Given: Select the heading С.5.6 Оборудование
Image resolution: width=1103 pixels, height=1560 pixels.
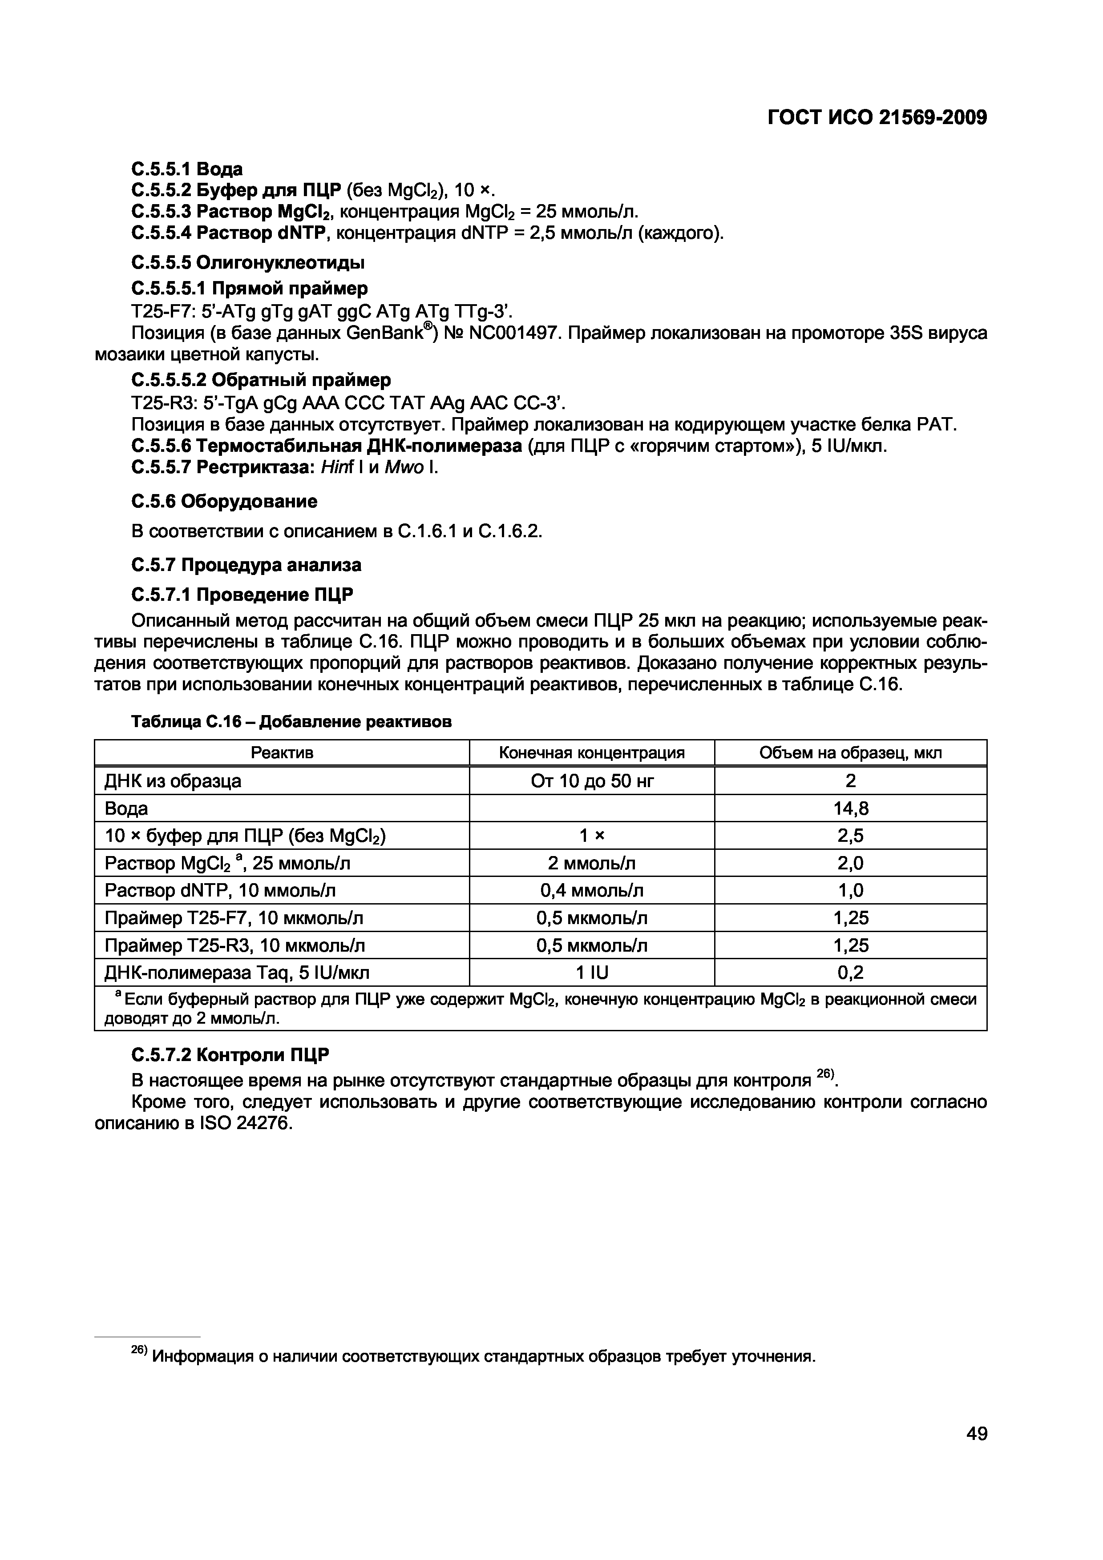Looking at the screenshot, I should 224,502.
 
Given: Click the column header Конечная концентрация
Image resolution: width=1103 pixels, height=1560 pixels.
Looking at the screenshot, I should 591,753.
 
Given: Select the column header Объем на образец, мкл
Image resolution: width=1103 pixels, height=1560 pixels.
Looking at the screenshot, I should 850,753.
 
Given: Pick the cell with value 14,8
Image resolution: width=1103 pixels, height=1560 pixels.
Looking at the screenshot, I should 850,808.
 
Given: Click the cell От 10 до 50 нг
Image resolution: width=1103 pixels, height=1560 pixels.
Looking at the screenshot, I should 591,781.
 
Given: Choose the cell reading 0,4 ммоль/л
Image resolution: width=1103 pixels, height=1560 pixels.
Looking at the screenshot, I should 591,890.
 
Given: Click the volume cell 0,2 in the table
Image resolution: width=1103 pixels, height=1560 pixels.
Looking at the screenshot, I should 850,973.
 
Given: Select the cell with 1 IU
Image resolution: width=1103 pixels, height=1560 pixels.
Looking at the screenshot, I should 591,973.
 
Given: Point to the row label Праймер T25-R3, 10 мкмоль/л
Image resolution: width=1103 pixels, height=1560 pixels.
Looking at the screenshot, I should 234,945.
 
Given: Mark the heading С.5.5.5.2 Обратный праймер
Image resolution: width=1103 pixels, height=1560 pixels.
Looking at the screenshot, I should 261,379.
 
